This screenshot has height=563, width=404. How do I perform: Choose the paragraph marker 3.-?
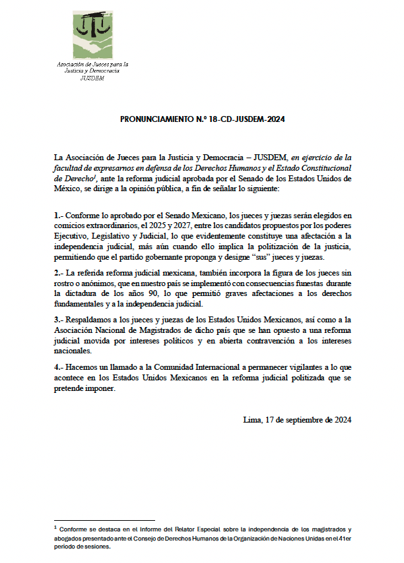[x=59, y=320]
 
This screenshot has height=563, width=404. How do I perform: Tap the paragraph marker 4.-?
[x=59, y=368]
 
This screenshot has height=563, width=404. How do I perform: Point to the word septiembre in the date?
[x=304, y=419]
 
